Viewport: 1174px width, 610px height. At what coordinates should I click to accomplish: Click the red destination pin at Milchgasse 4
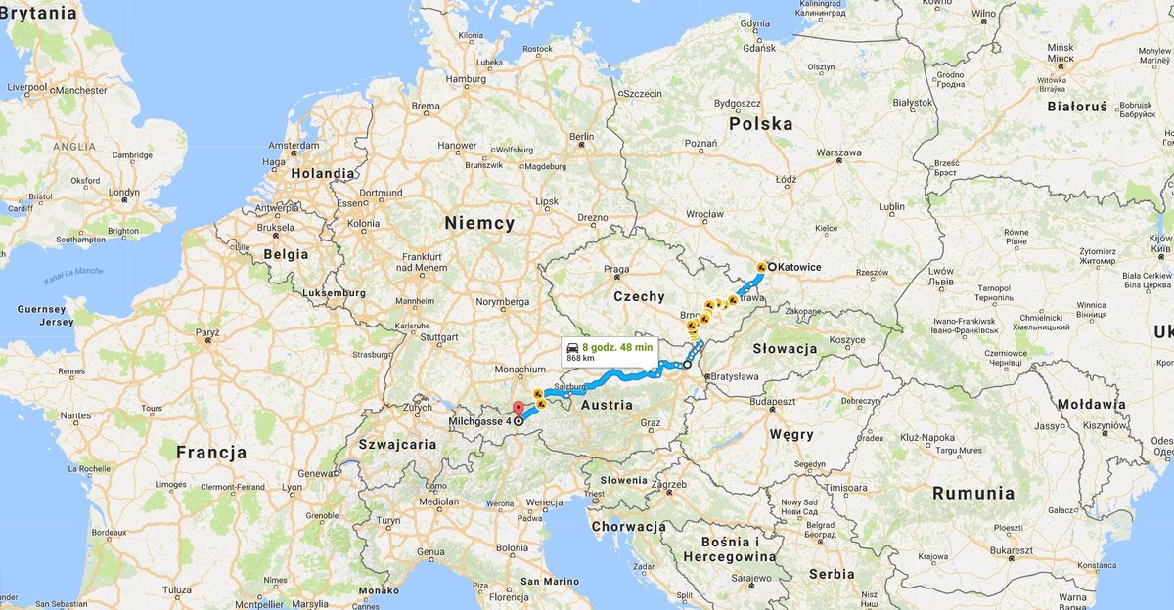point(519,409)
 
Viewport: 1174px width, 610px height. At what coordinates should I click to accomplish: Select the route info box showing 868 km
point(608,352)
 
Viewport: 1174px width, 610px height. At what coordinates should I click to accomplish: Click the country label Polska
point(761,124)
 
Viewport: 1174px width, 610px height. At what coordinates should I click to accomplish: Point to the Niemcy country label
point(479,223)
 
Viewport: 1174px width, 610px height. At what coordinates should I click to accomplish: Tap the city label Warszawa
point(838,153)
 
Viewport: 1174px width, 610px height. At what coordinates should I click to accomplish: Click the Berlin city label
point(582,136)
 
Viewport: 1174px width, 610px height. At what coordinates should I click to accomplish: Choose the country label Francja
point(211,453)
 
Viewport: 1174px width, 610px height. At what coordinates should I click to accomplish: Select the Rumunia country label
point(973,494)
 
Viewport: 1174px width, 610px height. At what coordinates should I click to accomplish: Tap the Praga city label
point(616,269)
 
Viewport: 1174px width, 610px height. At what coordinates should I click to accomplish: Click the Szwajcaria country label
point(398,444)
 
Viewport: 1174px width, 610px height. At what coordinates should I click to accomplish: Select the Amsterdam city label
point(293,145)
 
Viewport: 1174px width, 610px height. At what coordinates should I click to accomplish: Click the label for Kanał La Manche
point(73,277)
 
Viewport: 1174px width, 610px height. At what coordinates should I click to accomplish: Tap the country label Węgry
point(791,434)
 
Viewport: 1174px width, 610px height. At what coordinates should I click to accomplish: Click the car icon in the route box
point(572,347)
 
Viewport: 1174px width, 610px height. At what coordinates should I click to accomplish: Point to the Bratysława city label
point(736,375)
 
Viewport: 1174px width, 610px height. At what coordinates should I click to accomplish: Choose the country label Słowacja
point(785,348)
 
